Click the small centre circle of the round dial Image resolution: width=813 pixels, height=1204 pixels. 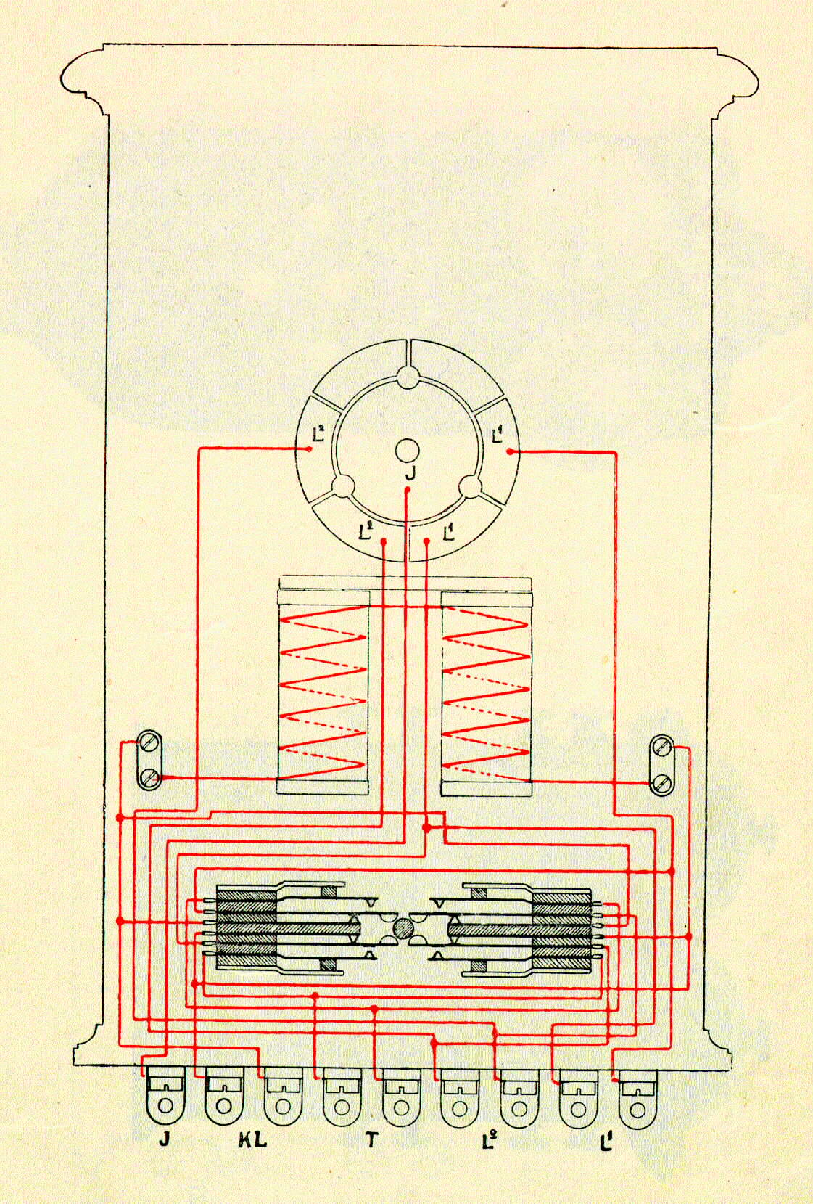(x=406, y=451)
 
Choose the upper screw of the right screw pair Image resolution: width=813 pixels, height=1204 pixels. (x=662, y=748)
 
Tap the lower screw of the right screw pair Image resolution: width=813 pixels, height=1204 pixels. (x=662, y=781)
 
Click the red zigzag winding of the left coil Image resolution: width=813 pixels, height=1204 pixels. (x=322, y=692)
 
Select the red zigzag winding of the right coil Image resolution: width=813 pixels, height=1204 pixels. (x=486, y=693)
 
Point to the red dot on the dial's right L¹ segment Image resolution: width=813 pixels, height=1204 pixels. (x=510, y=451)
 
